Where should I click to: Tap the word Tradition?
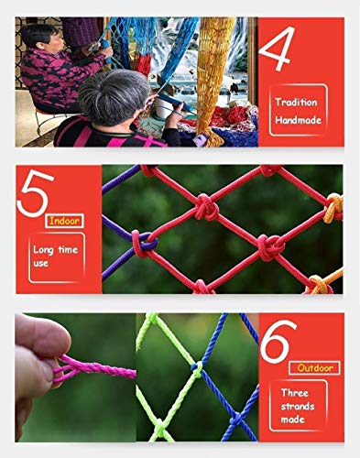tap(296, 102)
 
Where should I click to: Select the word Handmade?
tap(298, 120)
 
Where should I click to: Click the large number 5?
tap(35, 193)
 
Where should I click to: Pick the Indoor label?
tap(64, 221)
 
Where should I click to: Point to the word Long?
tap(43, 250)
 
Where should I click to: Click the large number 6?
tap(278, 342)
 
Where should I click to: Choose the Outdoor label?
tap(314, 368)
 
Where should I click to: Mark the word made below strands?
tap(292, 420)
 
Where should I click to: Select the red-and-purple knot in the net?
tap(144, 244)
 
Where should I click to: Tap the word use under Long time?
tap(40, 263)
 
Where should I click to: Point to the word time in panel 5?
tap(68, 249)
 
